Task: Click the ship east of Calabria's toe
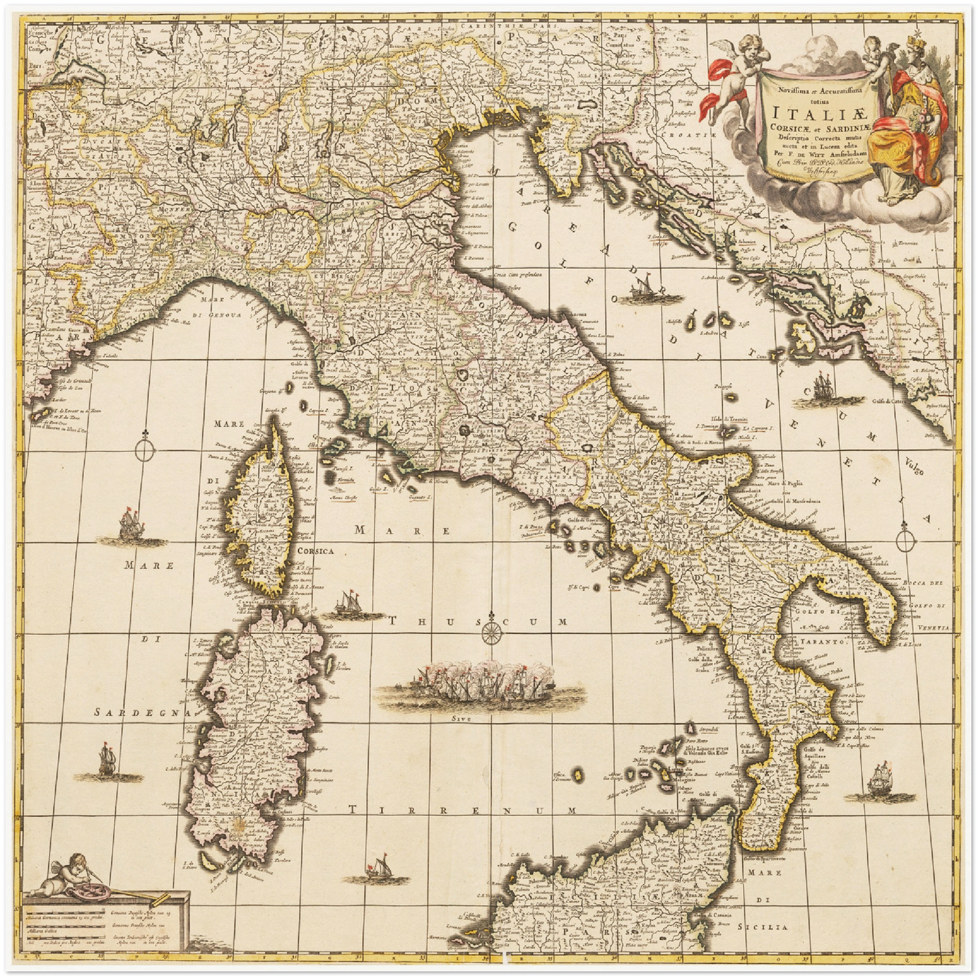click(x=882, y=778)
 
